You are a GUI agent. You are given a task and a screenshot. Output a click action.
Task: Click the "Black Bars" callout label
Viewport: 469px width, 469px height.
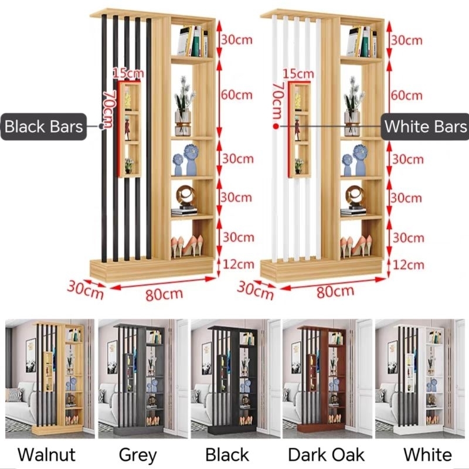pos(44,127)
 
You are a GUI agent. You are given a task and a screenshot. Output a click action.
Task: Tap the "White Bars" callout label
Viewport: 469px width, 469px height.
pos(426,127)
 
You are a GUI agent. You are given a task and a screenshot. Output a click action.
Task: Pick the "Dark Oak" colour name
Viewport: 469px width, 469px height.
pos(327,454)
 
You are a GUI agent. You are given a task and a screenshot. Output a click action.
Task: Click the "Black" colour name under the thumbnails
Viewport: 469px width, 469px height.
pos(227,454)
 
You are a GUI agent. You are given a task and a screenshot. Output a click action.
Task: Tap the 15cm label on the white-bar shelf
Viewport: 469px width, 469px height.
pos(297,74)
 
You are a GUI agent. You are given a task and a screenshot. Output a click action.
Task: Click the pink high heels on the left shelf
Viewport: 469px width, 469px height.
pos(187,246)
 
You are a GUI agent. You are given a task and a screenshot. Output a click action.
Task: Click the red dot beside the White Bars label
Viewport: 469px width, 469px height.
pos(276,125)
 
